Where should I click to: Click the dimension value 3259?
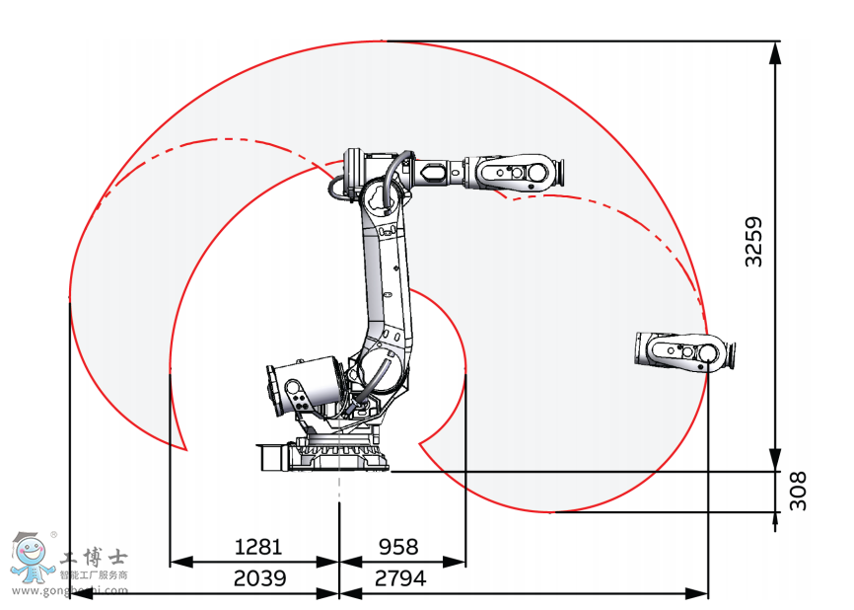pos(754,242)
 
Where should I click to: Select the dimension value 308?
pos(798,492)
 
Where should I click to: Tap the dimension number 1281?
pos(258,546)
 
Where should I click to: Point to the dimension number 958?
pos(398,546)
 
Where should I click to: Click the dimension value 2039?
pos(259,577)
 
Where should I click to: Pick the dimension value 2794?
pos(400,577)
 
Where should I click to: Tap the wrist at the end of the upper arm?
pos(515,173)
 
